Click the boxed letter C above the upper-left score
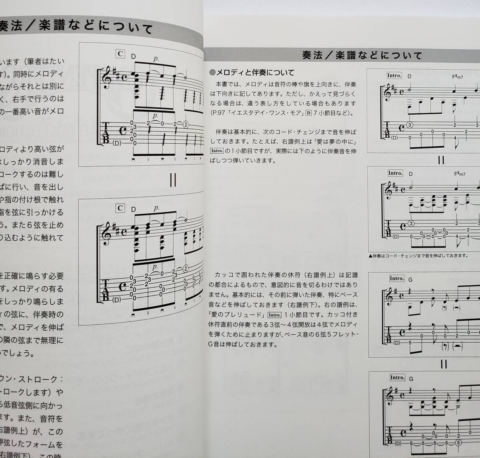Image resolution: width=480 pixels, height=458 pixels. [120, 54]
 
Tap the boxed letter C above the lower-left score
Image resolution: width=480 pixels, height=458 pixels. [120, 208]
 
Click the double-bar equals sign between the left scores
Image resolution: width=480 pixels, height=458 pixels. [173, 181]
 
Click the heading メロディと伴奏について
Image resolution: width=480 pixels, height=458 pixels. [252, 72]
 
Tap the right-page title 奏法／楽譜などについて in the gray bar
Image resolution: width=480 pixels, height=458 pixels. [362, 55]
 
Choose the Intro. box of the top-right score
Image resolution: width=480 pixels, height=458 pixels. [394, 76]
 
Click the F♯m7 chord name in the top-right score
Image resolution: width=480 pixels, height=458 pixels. [458, 76]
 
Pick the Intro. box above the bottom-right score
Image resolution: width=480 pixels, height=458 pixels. [397, 378]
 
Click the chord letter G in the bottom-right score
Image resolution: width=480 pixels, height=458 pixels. [411, 378]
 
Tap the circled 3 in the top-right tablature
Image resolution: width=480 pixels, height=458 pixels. [410, 125]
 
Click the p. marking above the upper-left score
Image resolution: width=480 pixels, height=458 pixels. [156, 58]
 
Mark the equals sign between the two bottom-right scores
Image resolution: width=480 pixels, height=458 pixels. [444, 364]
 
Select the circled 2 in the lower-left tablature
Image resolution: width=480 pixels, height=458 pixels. [186, 268]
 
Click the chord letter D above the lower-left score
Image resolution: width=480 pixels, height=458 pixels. [133, 209]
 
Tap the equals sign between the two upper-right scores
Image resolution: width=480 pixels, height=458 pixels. [441, 161]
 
